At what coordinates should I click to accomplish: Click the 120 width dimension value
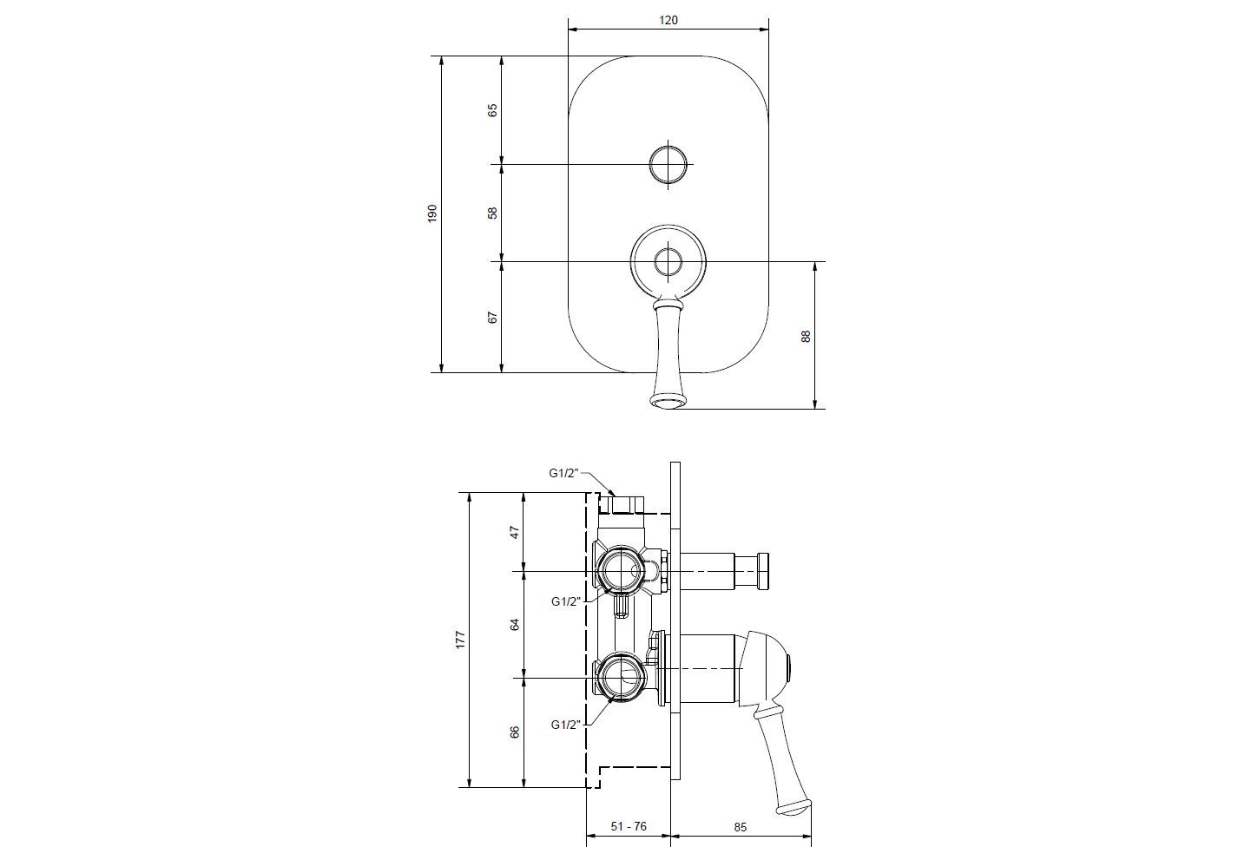pos(668,21)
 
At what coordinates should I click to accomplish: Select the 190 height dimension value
pos(432,213)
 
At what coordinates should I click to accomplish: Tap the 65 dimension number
pos(492,110)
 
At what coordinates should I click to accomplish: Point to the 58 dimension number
pos(492,213)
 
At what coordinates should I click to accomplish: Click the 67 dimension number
pos(492,318)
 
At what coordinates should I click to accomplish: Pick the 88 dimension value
pos(806,336)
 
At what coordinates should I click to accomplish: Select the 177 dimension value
pos(460,640)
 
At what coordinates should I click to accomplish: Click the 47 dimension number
pos(515,533)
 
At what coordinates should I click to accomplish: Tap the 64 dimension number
pos(515,625)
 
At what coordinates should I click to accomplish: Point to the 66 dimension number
pos(515,732)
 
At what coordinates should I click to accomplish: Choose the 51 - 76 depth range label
pos(629,826)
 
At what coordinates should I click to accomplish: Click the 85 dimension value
pos(741,827)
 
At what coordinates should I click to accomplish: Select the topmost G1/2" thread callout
pos(563,473)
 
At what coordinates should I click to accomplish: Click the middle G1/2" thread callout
pos(566,601)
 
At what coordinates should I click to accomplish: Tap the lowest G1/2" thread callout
pos(566,725)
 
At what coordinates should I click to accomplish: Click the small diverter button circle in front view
pos(669,164)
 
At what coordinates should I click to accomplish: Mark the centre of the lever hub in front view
pos(668,261)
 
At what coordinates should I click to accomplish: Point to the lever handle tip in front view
pos(668,403)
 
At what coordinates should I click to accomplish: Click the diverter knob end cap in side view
pos(763,570)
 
